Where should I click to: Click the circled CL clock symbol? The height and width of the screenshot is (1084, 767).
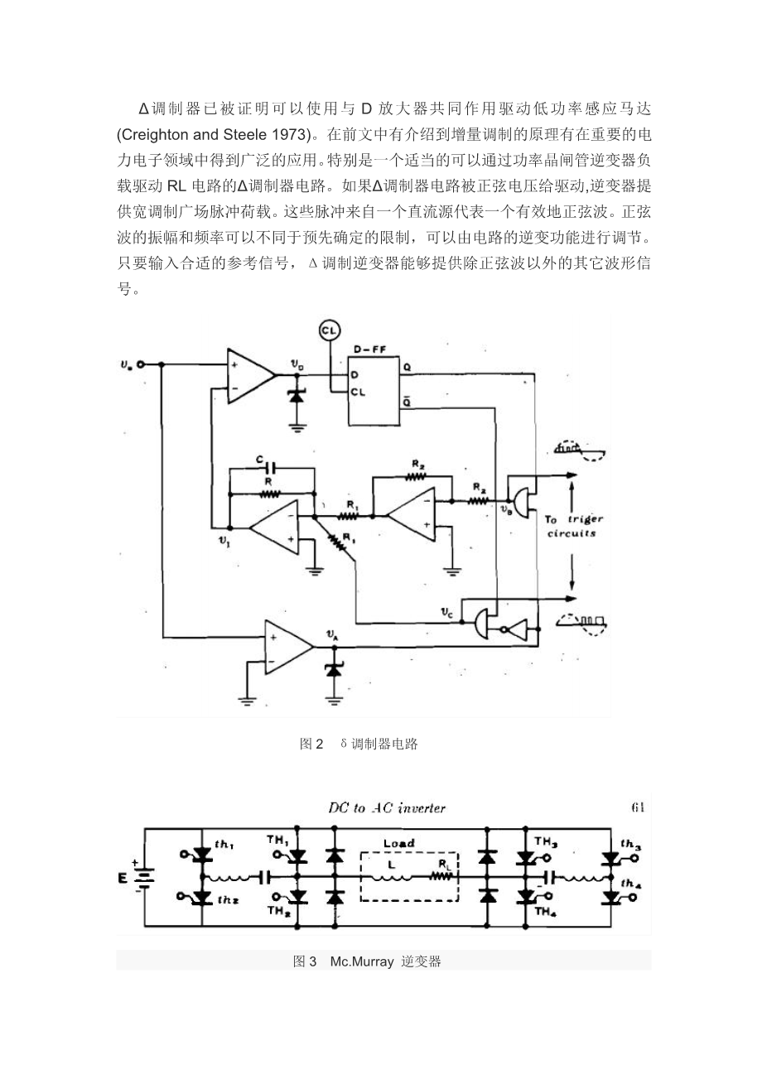pyautogui.click(x=329, y=331)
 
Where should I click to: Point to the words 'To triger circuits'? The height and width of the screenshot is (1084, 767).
pyautogui.click(x=573, y=527)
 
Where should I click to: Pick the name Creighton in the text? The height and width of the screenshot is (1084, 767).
pyautogui.click(x=153, y=132)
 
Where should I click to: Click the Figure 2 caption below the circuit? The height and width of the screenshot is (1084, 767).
pyautogui.click(x=359, y=744)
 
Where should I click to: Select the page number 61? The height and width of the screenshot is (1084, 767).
pyautogui.click(x=637, y=807)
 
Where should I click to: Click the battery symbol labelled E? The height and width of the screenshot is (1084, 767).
pyautogui.click(x=145, y=877)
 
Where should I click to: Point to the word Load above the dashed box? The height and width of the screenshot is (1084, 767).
pyautogui.click(x=398, y=843)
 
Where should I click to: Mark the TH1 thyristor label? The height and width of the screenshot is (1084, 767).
pyautogui.click(x=277, y=840)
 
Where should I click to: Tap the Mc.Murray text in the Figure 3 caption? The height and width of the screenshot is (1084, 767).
pyautogui.click(x=362, y=961)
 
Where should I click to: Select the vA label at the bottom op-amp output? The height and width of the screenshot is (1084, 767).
pyautogui.click(x=333, y=635)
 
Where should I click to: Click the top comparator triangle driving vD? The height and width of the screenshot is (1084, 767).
pyautogui.click(x=249, y=377)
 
